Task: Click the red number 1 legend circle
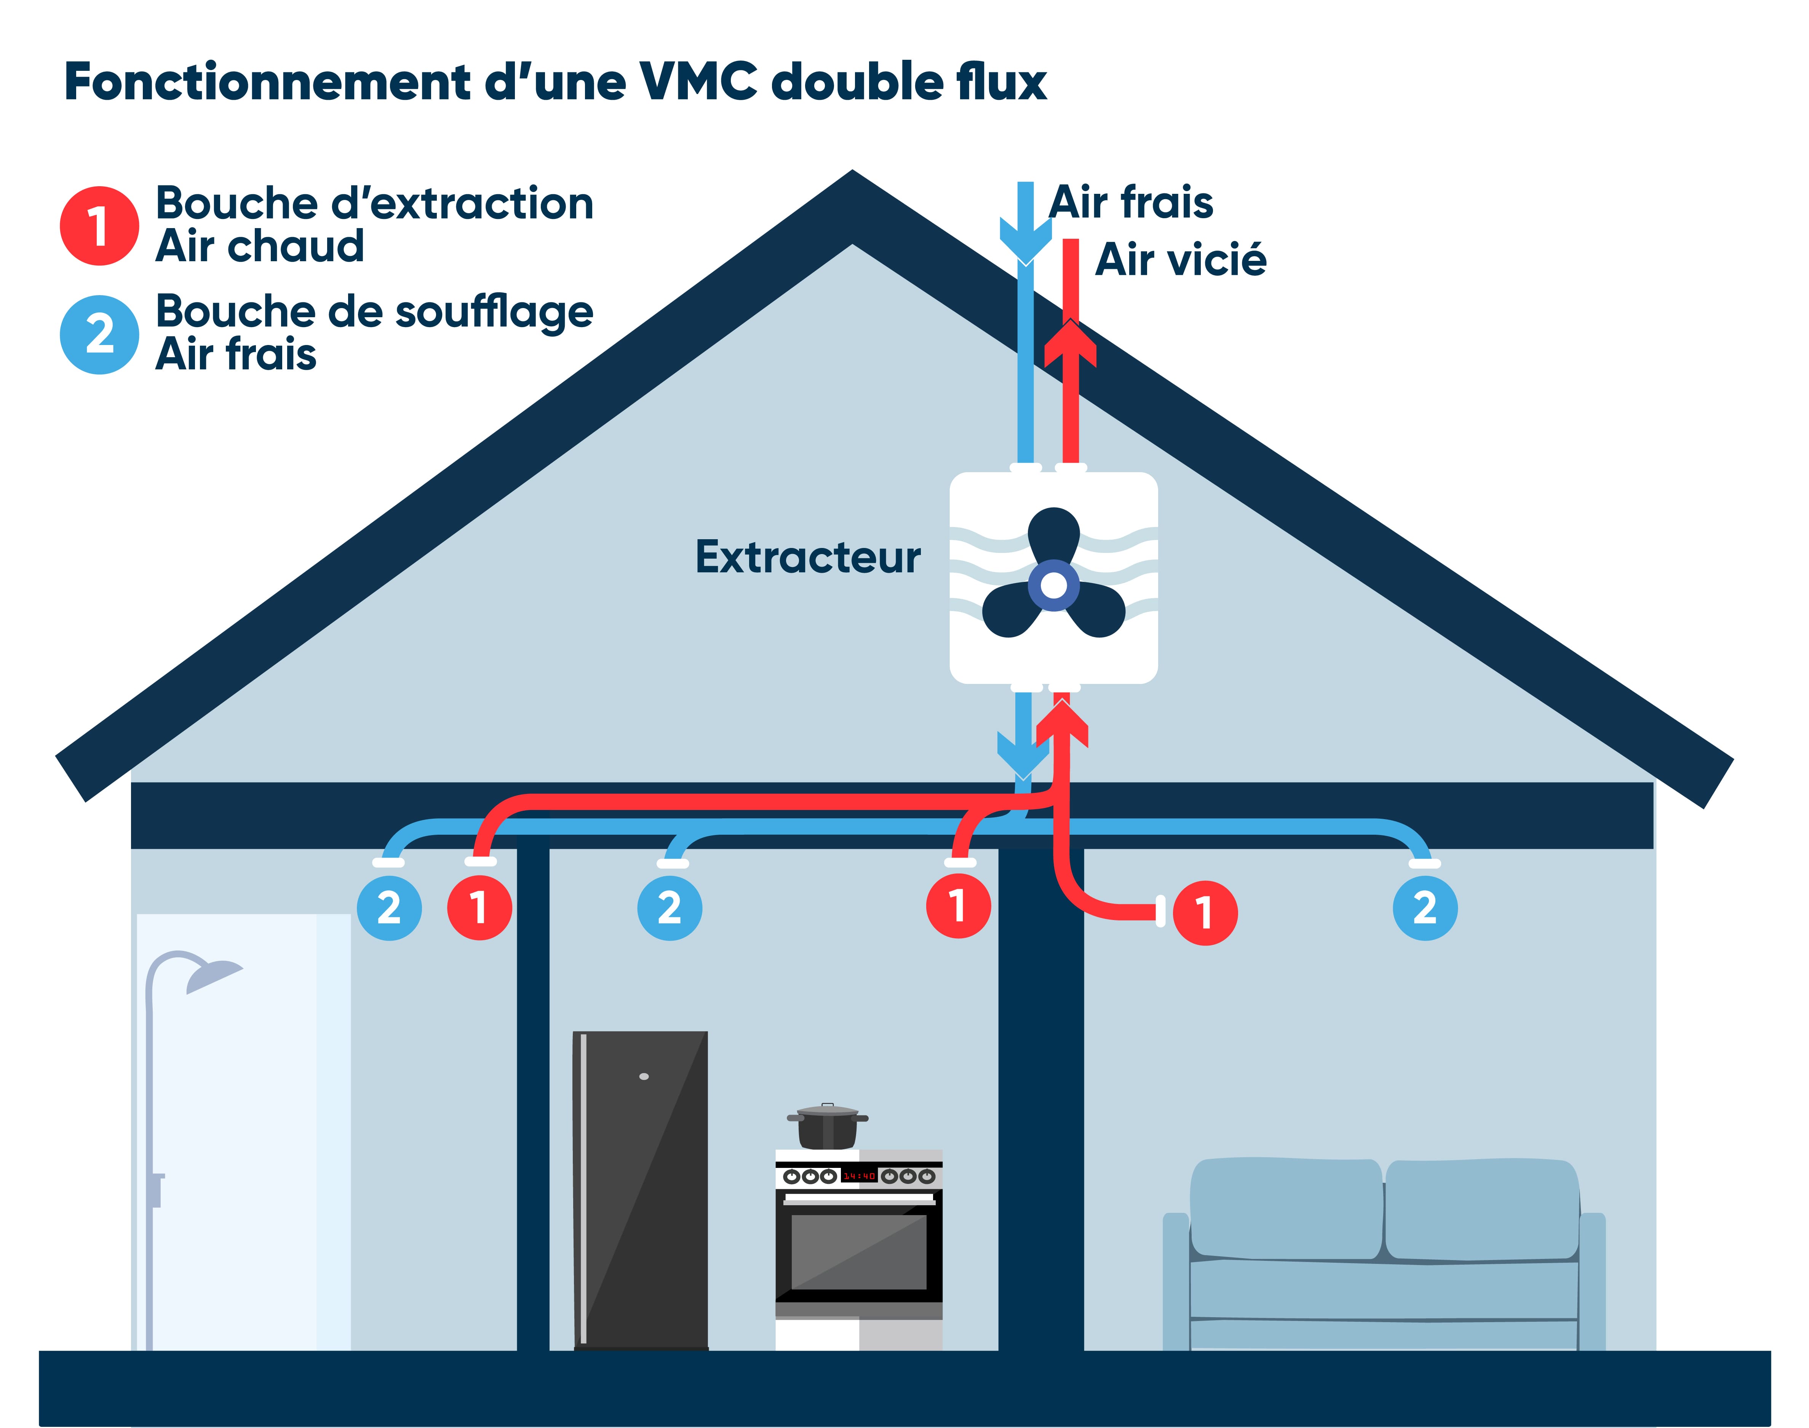(x=99, y=226)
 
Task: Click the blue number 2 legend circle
(x=99, y=334)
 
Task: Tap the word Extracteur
(x=807, y=557)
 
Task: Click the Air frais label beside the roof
(x=1131, y=202)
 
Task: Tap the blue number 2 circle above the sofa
(x=1424, y=908)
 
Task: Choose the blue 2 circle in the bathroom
(x=389, y=908)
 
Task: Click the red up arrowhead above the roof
(x=1070, y=345)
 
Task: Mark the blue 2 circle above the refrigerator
(x=669, y=908)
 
